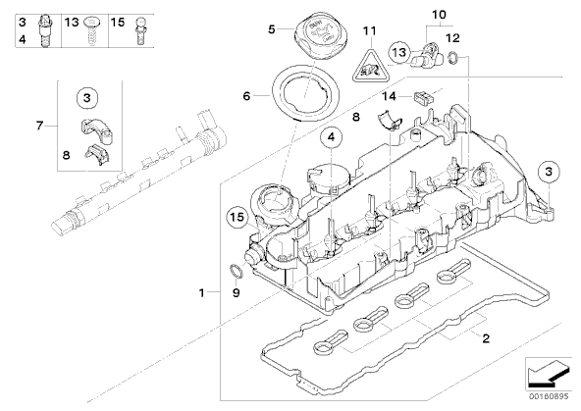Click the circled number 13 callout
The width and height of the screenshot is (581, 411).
pos(399,53)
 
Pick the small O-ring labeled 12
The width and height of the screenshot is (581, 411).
pos(453,58)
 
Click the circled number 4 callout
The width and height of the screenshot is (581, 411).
pos(331,137)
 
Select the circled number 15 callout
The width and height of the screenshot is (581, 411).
pos(238,217)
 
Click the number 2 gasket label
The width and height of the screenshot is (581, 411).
pos(486,338)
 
